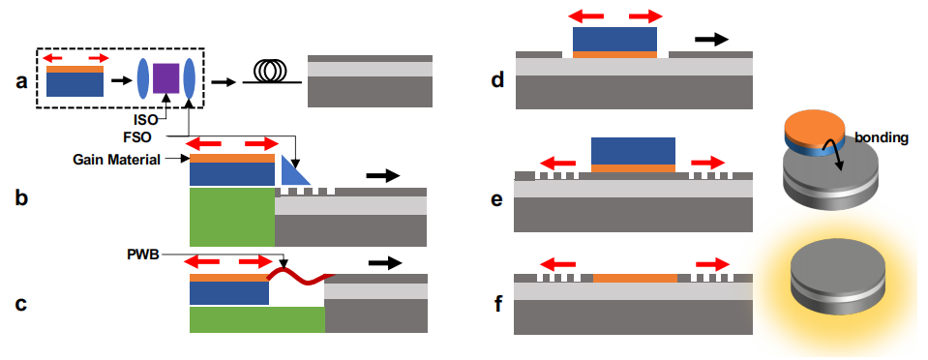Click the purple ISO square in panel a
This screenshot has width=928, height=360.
point(165,78)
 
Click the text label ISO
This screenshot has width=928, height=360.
point(146,120)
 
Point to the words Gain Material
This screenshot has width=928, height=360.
point(117,160)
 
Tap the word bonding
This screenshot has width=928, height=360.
point(885,138)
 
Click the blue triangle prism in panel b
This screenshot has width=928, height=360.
point(292,171)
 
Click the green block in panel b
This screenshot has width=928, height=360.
point(232,218)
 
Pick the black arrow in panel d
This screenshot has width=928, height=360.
point(712,39)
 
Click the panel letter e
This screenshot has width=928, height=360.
point(497,199)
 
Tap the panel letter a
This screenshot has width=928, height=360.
point(22,81)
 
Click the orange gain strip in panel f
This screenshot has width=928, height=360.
point(635,279)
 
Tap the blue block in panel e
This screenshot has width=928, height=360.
point(633,151)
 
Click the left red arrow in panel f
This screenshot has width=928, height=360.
point(556,265)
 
